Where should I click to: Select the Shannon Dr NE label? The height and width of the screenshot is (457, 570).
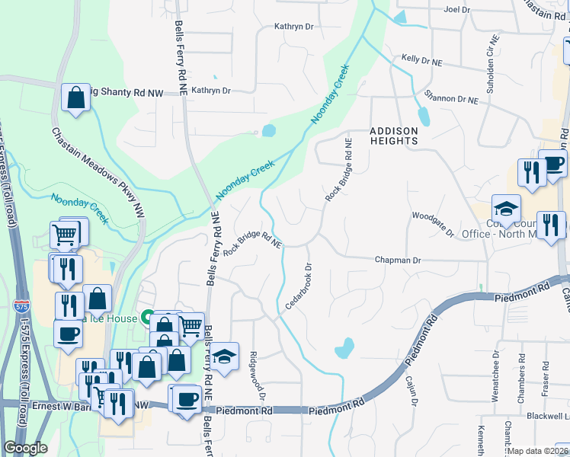(451, 99)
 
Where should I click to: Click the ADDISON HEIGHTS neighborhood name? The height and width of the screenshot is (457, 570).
(394, 136)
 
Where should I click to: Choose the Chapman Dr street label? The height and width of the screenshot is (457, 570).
(397, 260)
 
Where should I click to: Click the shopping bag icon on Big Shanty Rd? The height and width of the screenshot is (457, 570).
(75, 98)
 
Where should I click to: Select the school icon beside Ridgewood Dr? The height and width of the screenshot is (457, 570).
(224, 357)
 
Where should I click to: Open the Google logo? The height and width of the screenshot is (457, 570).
(25, 448)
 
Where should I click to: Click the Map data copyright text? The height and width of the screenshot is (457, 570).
(538, 451)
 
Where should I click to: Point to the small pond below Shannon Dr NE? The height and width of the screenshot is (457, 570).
(423, 117)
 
